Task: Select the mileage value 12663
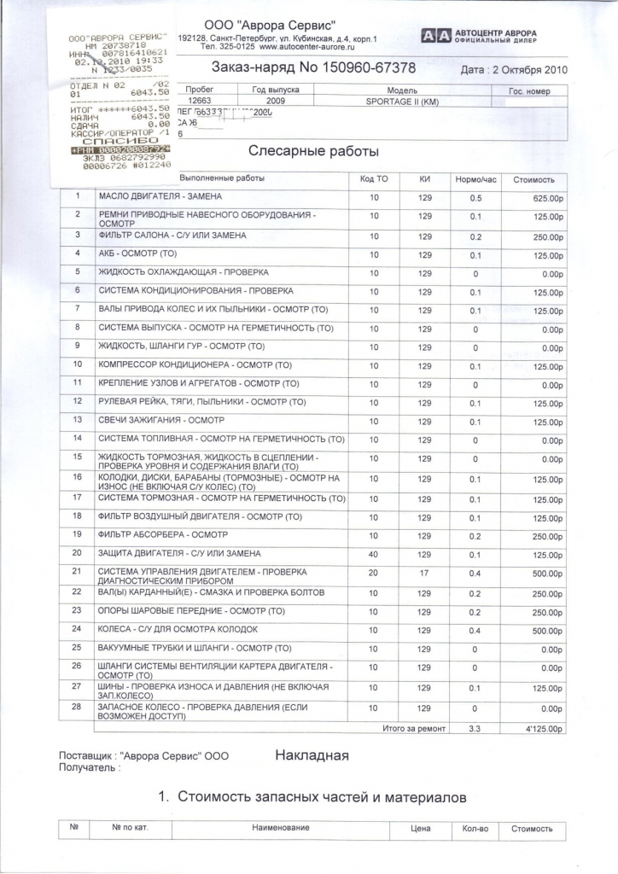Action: tap(198, 101)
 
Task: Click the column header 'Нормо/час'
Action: tap(475, 179)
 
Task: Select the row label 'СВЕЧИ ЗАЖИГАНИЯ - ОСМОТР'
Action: tap(161, 421)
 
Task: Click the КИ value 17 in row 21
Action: tap(424, 574)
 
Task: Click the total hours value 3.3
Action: tap(475, 730)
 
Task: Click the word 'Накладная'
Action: tap(312, 755)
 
